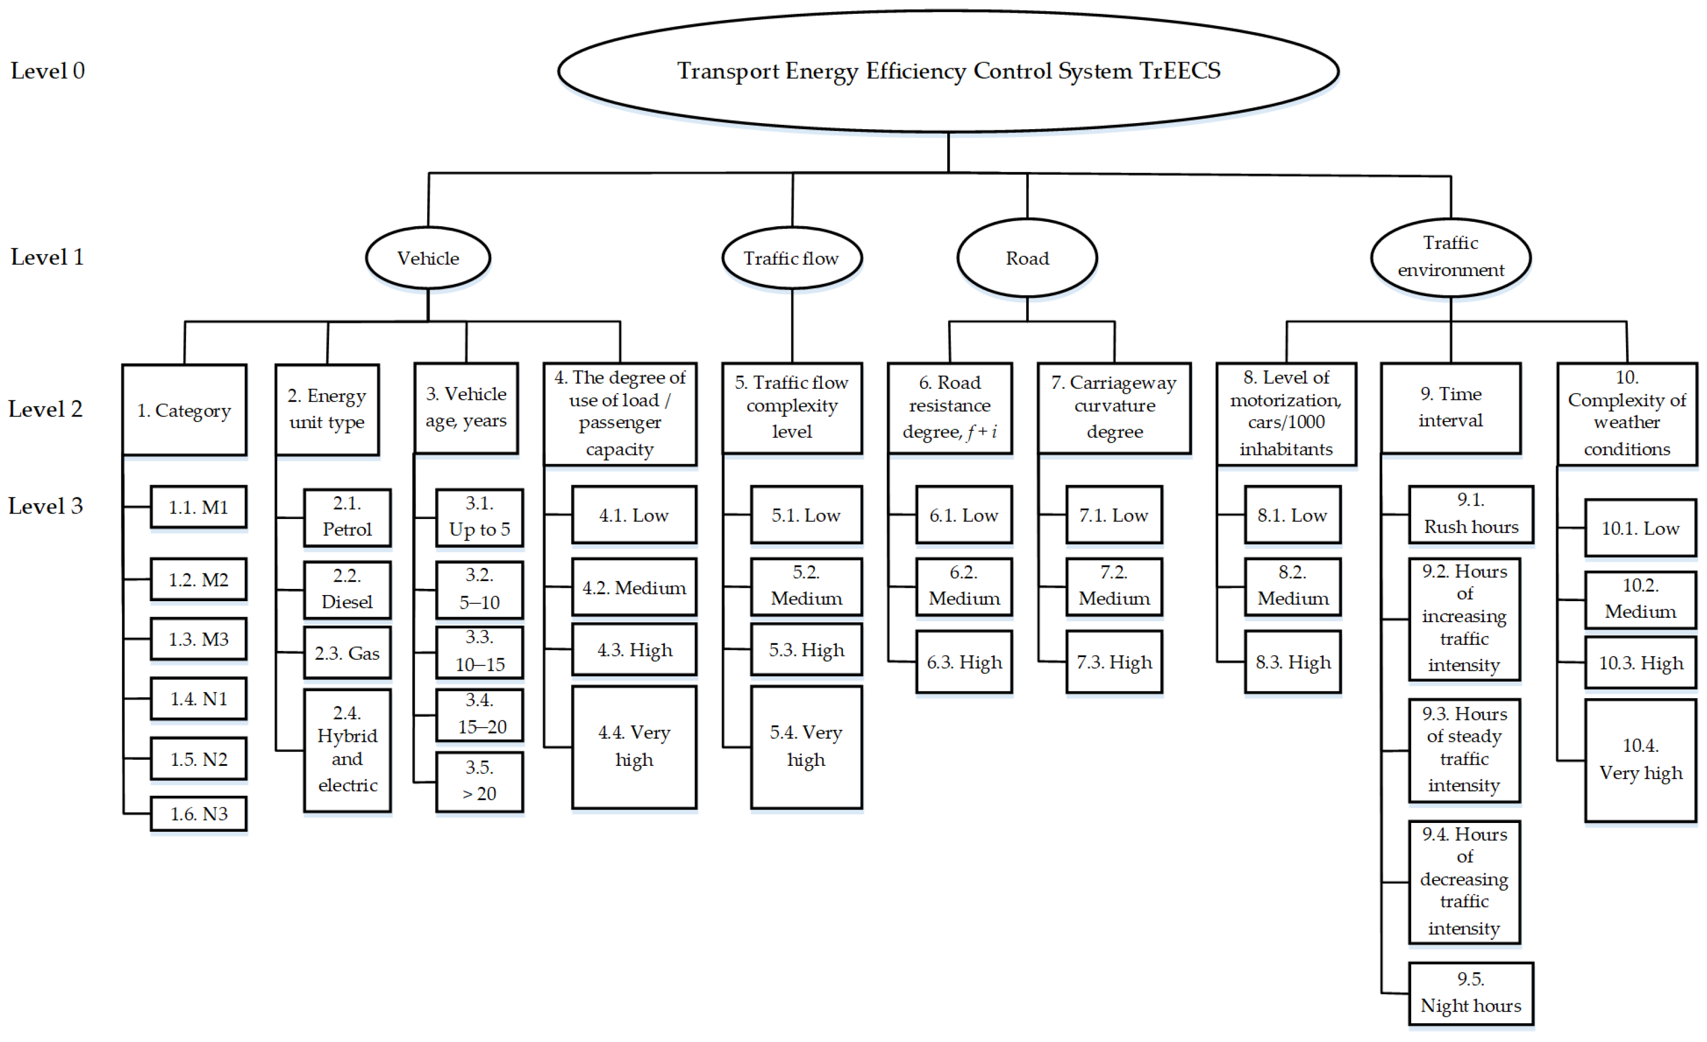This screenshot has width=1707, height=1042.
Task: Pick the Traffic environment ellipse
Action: [1450, 256]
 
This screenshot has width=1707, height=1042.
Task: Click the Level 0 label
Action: [47, 70]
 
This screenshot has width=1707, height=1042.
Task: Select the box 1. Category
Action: [184, 410]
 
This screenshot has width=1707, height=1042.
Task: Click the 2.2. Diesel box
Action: [347, 589]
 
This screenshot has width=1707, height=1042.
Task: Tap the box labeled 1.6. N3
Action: [199, 814]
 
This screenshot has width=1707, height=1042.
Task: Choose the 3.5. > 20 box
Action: [479, 781]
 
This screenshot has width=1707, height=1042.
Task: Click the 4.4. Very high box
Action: [634, 746]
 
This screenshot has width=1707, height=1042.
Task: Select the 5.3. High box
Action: [806, 649]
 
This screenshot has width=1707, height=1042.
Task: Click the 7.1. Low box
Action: [1113, 515]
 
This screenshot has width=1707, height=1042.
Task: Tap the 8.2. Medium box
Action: [1292, 586]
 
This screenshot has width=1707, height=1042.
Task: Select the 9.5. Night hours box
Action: [1470, 993]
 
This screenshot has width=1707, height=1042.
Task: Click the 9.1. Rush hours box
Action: [1470, 514]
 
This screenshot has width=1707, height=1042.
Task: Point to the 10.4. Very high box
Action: [1640, 760]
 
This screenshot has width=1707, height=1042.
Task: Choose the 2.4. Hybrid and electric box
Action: [347, 749]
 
